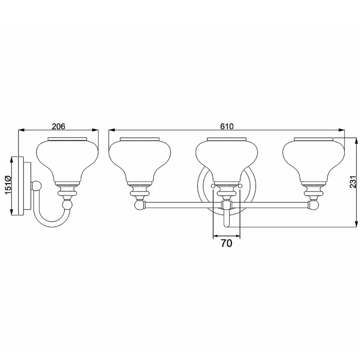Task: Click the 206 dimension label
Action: point(58,126)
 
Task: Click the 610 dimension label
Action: point(227,126)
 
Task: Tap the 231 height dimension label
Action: point(353,182)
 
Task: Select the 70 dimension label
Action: point(226,243)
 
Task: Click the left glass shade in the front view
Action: point(140,160)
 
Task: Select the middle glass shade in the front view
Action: point(226,160)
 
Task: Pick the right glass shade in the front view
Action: point(314,160)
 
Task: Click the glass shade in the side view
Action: point(68,160)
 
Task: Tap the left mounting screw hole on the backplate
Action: point(213,186)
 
